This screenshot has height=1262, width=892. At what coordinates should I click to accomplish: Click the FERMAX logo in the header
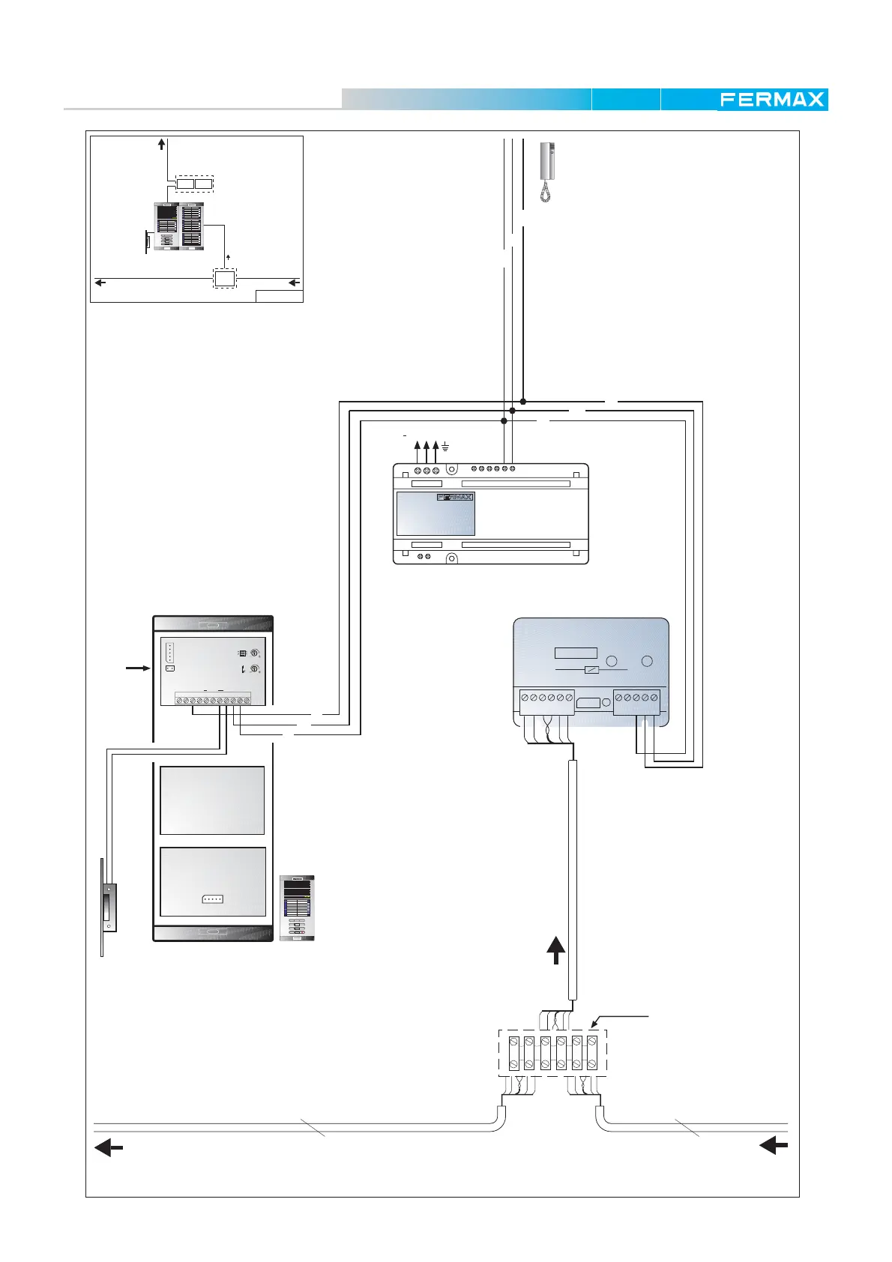(x=772, y=100)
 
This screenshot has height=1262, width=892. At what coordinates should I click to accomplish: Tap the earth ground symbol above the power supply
(x=445, y=447)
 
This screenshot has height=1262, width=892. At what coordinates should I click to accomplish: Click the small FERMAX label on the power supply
(x=455, y=497)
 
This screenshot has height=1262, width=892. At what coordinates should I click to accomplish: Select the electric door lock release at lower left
(x=109, y=908)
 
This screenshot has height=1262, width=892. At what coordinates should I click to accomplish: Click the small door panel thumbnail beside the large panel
(x=298, y=908)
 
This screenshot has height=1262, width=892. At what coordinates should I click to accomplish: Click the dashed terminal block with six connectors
(x=552, y=1053)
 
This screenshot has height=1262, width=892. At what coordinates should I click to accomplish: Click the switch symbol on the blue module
(x=591, y=669)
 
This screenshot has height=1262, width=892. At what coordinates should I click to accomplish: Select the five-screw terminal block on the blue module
(x=636, y=698)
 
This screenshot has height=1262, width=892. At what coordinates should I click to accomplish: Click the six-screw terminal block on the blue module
(x=546, y=698)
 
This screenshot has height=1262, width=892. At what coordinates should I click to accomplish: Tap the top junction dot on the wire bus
(x=523, y=402)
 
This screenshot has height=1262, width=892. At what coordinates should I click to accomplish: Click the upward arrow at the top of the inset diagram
(x=162, y=144)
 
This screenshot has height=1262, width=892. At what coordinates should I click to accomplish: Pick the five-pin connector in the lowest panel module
(x=212, y=899)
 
